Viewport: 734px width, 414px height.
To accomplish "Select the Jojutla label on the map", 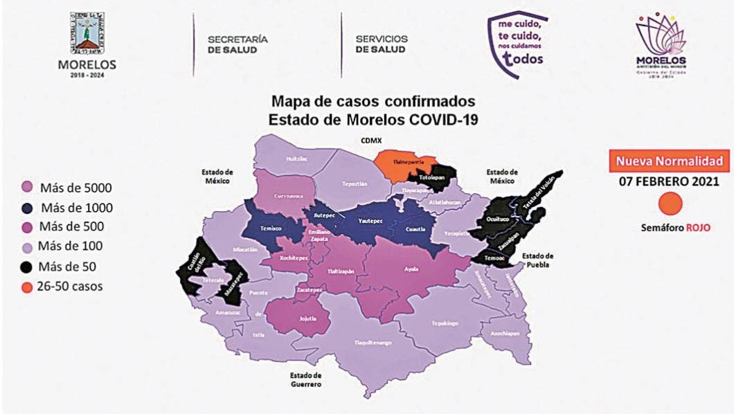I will click(x=300, y=319).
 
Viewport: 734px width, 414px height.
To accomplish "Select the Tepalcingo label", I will click(x=445, y=323).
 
